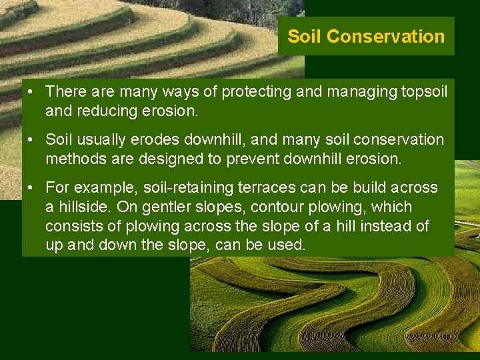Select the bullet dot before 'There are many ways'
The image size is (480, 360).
pos(32,91)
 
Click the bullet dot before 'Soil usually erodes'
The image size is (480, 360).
pos(32,140)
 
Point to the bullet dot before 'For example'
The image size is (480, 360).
pos(32,188)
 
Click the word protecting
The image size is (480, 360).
pos(256,91)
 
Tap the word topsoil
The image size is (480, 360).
pos(423,91)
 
